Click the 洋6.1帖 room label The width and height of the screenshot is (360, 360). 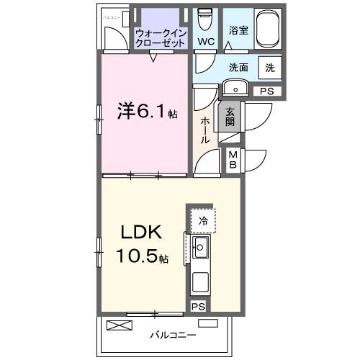147,114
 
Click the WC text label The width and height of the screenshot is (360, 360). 205,41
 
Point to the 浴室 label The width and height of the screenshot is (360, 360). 238,31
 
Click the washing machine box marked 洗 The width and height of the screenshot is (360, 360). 269,68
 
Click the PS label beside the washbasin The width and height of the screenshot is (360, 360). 267,91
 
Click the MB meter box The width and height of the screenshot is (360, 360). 233,159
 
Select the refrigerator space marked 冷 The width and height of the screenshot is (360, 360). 203,220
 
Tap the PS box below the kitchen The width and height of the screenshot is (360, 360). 198,306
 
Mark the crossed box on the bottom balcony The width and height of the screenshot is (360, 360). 120,325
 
